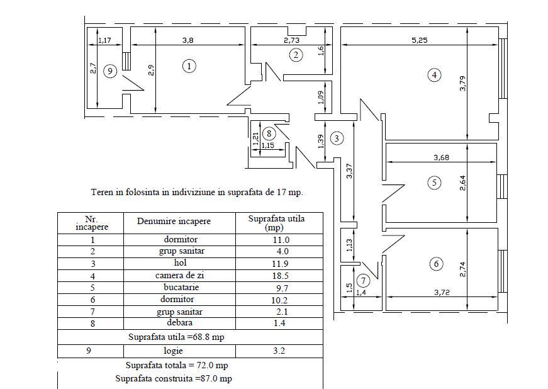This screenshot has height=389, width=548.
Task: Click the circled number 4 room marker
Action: tap(434, 75)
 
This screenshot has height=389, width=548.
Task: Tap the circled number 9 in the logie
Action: tap(110, 71)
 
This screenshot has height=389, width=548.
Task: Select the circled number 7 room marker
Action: tap(364, 280)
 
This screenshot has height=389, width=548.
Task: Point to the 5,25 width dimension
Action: tap(420, 40)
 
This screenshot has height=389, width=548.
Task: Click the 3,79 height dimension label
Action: tap(463, 84)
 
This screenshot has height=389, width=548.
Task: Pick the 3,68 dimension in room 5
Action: tap(442, 157)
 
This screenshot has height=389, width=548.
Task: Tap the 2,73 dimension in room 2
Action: tap(291, 40)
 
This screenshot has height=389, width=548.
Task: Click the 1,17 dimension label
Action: tap(104, 40)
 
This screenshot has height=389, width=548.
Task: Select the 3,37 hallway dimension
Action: tap(349, 171)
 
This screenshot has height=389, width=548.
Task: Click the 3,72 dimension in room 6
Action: tap(442, 292)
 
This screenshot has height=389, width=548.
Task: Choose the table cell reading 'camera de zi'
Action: tap(180, 276)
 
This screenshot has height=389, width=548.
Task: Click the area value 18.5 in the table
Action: tap(280, 276)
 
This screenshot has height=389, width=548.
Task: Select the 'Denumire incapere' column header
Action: tap(174, 221)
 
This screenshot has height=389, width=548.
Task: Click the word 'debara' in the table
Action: tap(180, 323)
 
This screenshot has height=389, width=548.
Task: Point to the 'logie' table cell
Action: tap(174, 351)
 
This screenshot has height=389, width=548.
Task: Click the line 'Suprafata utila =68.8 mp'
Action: tap(176, 337)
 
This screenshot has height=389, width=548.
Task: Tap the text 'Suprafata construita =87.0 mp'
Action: tap(174, 378)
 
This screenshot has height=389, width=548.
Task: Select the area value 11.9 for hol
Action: tap(280, 264)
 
